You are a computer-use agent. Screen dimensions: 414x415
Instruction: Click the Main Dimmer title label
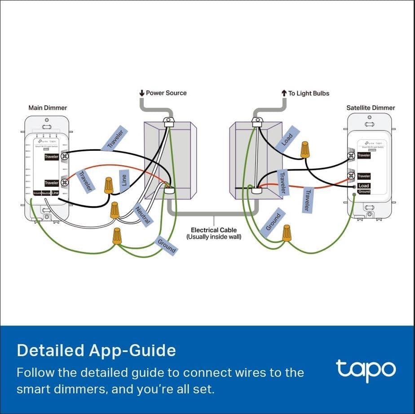click(x=48, y=108)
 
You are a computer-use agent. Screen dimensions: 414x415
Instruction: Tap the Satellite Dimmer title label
click(x=371, y=108)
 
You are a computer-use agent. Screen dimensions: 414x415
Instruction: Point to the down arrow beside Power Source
click(x=142, y=93)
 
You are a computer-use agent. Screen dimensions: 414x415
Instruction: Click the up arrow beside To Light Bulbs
click(x=284, y=93)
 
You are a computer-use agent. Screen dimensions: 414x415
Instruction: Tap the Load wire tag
click(x=287, y=140)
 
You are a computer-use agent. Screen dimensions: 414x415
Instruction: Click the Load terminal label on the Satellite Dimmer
click(x=364, y=186)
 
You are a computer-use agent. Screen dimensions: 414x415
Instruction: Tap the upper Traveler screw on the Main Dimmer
click(x=65, y=156)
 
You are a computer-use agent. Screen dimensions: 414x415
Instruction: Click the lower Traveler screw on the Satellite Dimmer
click(x=352, y=176)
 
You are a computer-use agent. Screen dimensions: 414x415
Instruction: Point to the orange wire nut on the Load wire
click(x=305, y=149)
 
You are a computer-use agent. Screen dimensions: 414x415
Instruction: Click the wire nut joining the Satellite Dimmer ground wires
click(x=286, y=233)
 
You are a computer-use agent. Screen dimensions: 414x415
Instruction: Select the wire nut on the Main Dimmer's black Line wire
click(x=108, y=185)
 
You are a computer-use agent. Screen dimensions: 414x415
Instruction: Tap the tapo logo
click(x=366, y=369)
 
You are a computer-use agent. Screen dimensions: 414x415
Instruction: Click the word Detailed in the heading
click(x=48, y=350)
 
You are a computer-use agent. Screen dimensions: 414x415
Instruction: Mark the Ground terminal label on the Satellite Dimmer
click(x=364, y=192)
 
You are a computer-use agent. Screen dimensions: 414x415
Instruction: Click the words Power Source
click(x=166, y=93)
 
